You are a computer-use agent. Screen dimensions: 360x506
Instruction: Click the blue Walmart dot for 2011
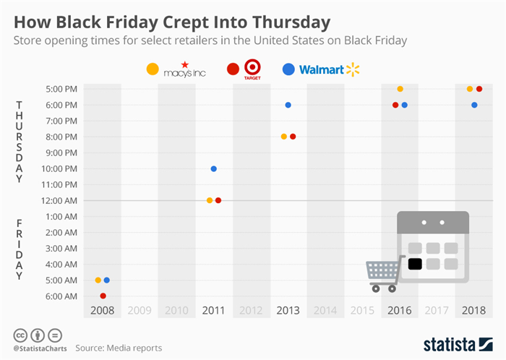pos(213,168)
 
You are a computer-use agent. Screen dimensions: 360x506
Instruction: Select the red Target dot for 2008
pos(103,296)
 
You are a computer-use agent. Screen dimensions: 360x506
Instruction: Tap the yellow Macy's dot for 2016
pos(400,89)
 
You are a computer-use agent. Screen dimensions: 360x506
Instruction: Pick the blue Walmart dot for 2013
pos(288,105)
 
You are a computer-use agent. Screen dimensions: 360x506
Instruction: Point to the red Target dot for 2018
pos(479,89)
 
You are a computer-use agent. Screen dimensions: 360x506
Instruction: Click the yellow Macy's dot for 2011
pos(209,200)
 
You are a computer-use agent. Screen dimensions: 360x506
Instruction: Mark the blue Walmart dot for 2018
pos(474,105)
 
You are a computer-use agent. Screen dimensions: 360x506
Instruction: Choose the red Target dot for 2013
pos(293,137)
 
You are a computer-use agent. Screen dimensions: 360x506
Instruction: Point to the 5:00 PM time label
pos(61,89)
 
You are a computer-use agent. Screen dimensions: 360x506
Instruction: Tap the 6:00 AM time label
pos(61,296)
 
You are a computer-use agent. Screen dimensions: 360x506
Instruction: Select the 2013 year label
pos(288,311)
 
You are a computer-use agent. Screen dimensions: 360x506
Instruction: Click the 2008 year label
pos(103,311)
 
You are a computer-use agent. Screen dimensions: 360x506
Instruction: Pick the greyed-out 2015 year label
pos(363,311)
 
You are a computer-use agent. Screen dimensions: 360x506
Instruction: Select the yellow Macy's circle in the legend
pos(153,69)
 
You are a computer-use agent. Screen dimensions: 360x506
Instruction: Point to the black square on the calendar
pos(414,264)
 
